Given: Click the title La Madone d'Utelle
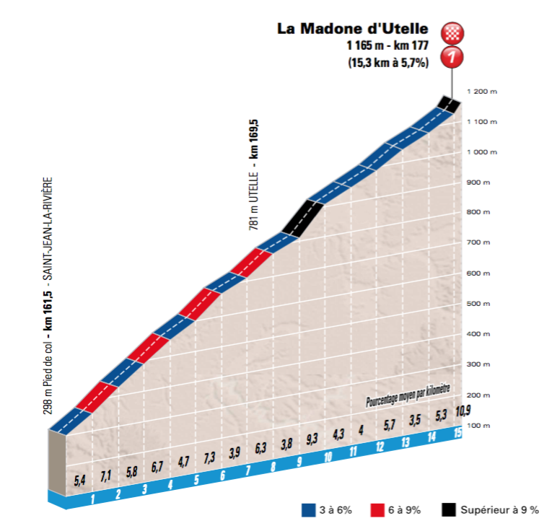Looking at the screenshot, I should (x=353, y=29).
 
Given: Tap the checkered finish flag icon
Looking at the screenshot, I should (x=454, y=32).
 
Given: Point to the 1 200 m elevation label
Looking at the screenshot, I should (x=481, y=92).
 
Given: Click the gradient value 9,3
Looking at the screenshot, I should (x=312, y=438).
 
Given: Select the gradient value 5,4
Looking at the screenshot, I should (x=80, y=480).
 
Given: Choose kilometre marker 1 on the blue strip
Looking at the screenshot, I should (x=93, y=499).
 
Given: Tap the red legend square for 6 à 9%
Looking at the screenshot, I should (x=375, y=510).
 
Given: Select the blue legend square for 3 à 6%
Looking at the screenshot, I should (x=307, y=510).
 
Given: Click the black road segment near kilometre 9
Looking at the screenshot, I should (x=302, y=217).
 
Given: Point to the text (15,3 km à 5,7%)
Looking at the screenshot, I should (x=388, y=63).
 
